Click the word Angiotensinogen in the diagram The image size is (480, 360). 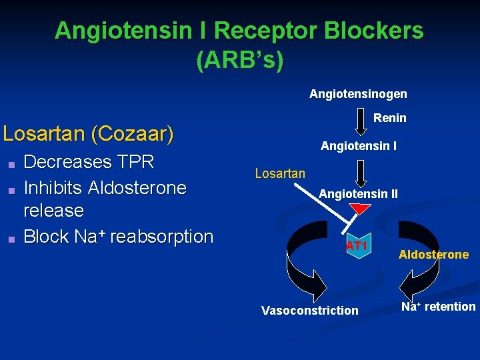[358, 94]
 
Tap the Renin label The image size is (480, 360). [389, 118]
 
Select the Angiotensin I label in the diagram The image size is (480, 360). [359, 145]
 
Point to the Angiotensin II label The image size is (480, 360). [359, 194]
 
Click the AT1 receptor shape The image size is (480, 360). [357, 246]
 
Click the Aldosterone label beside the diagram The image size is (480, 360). [433, 255]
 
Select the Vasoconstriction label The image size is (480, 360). [309, 311]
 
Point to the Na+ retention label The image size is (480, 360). [438, 307]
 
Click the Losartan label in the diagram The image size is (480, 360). [280, 174]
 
